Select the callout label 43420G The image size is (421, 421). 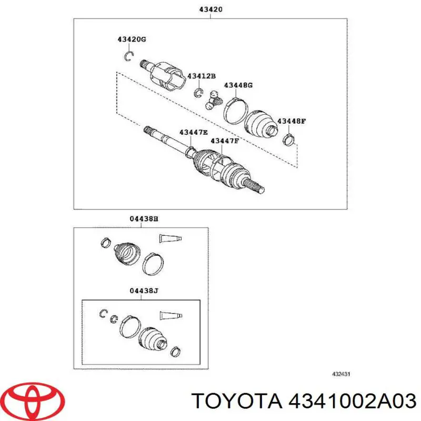coord(131,40)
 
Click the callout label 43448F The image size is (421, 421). coord(292,121)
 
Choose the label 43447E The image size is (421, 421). coord(193,132)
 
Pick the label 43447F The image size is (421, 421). coord(225,141)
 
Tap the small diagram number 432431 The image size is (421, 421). coord(341,374)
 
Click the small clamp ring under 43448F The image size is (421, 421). coord(288,139)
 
